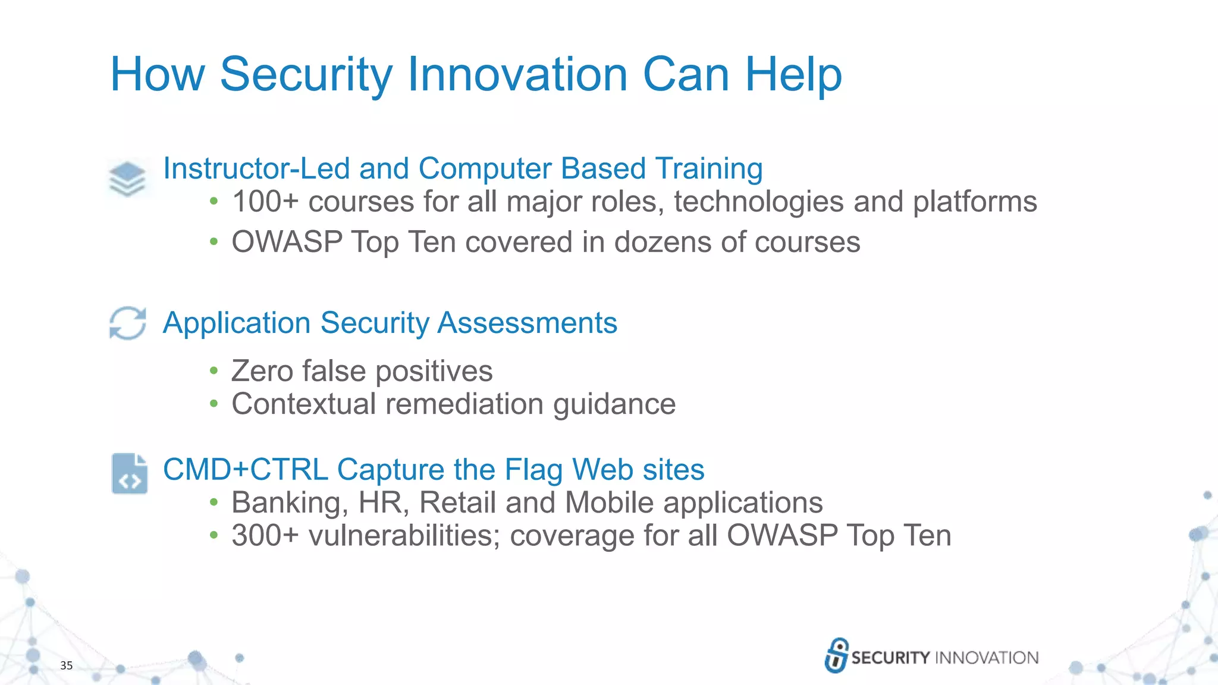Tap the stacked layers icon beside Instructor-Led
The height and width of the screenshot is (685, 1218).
tap(127, 178)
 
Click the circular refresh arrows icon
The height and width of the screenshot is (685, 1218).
tap(128, 323)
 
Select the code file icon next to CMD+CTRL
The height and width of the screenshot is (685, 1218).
tap(129, 474)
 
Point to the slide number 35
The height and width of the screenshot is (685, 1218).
tap(66, 665)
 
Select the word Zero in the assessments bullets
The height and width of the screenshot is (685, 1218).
tap(262, 371)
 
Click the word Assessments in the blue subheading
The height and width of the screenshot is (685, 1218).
tap(527, 323)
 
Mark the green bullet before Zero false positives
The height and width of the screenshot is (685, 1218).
tap(214, 372)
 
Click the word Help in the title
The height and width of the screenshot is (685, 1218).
tap(793, 74)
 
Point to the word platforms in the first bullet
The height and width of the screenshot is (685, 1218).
tap(975, 202)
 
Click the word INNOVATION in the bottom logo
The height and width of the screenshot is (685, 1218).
tap(987, 658)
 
